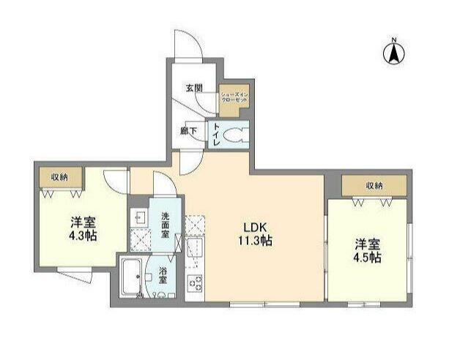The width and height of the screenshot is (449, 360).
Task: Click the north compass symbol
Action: coord(393,52)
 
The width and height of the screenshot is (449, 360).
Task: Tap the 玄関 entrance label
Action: coord(193,89)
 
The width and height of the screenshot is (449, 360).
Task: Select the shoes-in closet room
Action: coord(234,100)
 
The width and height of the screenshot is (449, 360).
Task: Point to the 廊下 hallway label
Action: coord(188,132)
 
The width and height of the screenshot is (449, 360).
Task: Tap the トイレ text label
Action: coord(217,135)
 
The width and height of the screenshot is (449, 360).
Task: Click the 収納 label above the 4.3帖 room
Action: coord(60,178)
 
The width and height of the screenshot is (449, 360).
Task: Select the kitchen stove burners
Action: coord(195,282)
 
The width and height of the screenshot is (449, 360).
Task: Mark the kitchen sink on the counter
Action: coord(194,247)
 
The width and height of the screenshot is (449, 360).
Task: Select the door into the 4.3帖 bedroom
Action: coord(116,180)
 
